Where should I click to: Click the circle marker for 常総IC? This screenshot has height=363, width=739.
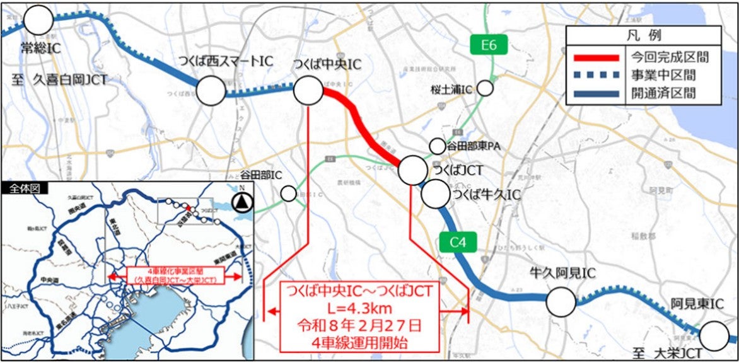[x=38, y=20]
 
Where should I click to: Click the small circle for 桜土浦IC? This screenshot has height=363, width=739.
[x=485, y=88]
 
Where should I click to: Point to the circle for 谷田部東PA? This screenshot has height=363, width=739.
[x=437, y=146]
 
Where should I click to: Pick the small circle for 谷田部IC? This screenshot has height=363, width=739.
[x=288, y=193]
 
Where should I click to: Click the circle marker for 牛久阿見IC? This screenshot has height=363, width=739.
[x=561, y=302]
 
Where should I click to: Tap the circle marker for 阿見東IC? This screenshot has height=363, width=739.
[x=716, y=336]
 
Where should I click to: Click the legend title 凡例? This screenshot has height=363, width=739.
[x=643, y=35]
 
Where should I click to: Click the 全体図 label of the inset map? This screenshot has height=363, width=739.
[x=19, y=188]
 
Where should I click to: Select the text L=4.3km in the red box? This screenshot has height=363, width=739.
[x=358, y=309]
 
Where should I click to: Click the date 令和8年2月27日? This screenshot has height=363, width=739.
[x=358, y=326]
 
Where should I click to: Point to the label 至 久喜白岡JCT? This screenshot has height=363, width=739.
[x=60, y=80]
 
